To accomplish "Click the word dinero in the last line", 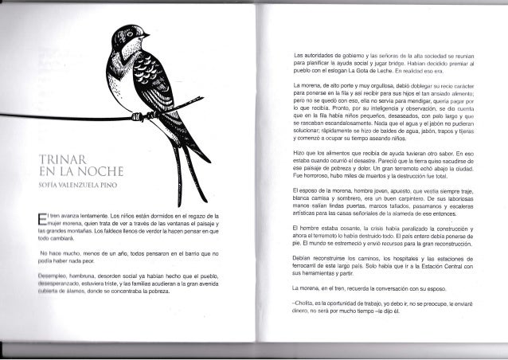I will pos(303,311).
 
